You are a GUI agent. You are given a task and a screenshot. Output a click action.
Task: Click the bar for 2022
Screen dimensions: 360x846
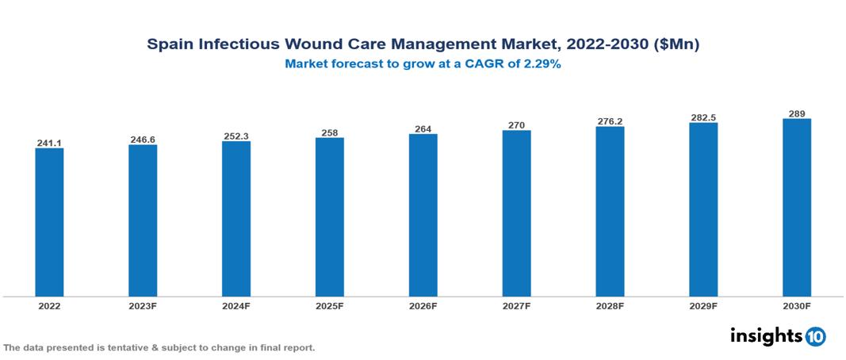49,222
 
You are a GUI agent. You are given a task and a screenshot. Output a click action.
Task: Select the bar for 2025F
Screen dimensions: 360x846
329,216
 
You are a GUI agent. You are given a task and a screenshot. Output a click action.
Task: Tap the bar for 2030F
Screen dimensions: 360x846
796,207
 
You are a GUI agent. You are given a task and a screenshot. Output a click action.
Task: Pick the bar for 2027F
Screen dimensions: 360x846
516,213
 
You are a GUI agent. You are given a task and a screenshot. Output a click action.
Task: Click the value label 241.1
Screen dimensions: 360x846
49,143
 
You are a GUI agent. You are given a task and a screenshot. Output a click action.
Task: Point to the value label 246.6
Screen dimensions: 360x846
143,140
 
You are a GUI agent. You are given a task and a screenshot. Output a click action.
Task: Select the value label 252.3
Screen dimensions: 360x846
236,136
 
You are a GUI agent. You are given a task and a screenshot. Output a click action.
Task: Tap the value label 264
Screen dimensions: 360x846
423,129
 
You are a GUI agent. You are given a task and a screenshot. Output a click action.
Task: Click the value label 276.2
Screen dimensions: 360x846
610,121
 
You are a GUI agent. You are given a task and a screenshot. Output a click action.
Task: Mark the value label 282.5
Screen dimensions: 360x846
703,117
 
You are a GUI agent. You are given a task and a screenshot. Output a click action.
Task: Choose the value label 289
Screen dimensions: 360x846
796,113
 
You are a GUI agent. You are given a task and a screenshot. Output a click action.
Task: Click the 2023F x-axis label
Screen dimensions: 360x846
143,305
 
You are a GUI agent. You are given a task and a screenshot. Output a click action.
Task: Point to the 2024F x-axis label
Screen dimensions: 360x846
236,305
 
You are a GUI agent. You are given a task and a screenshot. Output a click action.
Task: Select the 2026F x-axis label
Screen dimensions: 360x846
423,305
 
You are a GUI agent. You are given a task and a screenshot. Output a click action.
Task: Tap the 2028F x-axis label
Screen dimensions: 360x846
610,305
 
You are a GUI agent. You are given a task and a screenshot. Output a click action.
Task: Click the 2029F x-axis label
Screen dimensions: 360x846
703,305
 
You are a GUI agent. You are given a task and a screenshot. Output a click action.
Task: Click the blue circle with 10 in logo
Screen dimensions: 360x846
815,336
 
